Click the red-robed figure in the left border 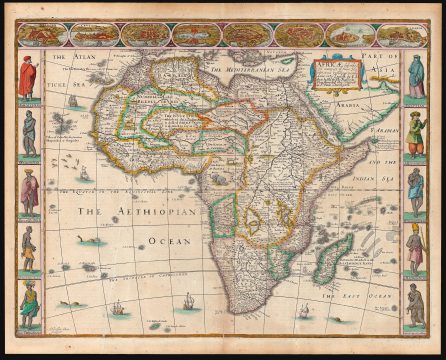pyautogui.click(x=27, y=77)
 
